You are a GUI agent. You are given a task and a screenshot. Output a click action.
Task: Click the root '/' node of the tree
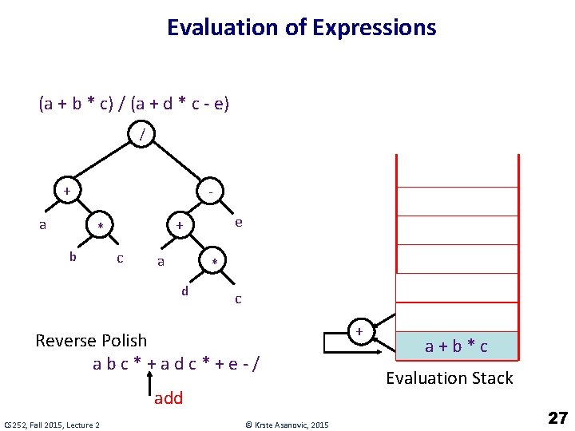[142, 136]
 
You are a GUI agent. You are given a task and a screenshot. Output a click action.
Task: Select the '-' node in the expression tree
[209, 192]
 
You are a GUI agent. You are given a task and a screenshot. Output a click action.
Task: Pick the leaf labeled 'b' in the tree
[73, 257]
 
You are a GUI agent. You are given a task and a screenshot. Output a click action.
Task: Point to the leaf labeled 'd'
[184, 291]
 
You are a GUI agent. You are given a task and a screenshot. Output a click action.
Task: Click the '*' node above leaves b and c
[100, 227]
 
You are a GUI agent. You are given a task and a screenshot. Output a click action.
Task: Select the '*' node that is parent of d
[213, 263]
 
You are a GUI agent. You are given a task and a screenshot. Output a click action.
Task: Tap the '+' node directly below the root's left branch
[67, 192]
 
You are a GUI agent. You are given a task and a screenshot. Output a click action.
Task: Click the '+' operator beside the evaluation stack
[359, 331]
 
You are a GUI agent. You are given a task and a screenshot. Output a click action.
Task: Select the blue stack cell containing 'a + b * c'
[456, 346]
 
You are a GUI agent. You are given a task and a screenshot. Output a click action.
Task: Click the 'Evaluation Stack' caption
[450, 378]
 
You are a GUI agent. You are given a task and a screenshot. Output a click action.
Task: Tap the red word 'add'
[169, 397]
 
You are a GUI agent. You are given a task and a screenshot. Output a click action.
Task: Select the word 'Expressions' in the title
[375, 28]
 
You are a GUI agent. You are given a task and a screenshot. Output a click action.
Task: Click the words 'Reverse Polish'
[91, 341]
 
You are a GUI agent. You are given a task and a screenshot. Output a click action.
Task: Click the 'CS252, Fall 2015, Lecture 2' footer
[52, 425]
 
